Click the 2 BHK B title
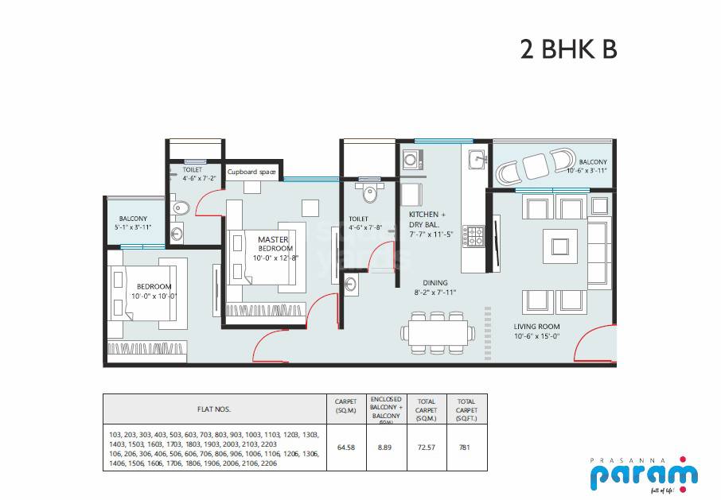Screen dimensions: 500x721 click(568, 48)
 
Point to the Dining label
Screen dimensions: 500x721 click(435, 283)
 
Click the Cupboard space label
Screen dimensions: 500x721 click(252, 172)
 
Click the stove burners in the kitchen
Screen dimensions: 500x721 click(475, 236)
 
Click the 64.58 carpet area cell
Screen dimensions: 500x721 click(345, 448)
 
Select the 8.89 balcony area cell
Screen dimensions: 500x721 click(386, 448)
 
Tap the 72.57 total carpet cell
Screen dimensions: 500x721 click(427, 448)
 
